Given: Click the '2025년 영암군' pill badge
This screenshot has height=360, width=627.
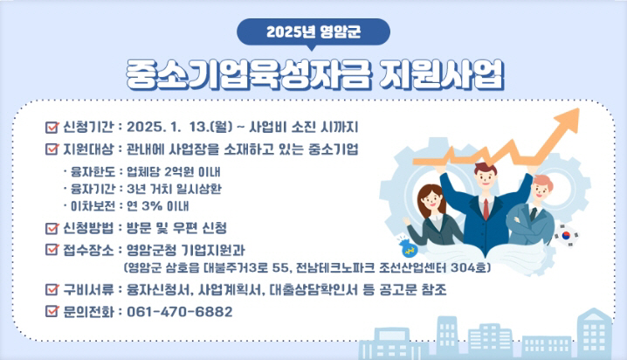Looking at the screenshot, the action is click(x=313, y=32).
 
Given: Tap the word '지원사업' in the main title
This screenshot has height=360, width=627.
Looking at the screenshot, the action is click(x=441, y=75).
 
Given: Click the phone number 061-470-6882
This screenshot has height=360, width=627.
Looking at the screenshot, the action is click(x=180, y=312).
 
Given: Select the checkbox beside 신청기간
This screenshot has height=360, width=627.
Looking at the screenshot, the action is click(x=52, y=128).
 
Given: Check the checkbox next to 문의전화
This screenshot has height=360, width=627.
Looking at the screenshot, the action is click(x=52, y=311).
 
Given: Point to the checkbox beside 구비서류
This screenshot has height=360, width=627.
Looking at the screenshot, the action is click(x=52, y=289).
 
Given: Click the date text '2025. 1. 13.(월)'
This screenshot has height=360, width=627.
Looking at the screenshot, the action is click(x=180, y=128).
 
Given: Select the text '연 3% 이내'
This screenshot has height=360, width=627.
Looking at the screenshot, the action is click(x=157, y=206).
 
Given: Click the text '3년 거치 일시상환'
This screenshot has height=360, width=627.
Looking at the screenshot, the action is click(x=174, y=189).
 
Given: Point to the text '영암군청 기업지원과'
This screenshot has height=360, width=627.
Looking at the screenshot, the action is click(x=185, y=250).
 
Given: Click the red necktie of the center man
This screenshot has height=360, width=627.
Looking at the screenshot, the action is click(x=486, y=209).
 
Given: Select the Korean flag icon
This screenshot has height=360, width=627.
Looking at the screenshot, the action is click(x=566, y=235).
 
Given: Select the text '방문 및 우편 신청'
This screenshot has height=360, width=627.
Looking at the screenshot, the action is click(x=176, y=228).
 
